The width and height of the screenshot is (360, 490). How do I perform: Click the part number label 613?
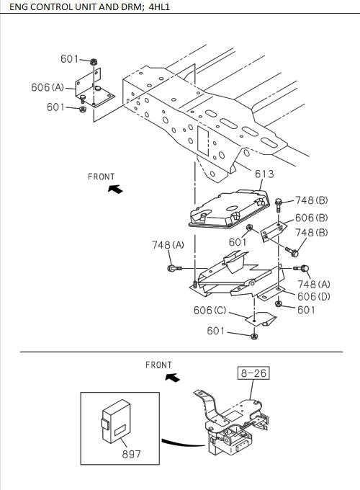pyautogui.click(x=264, y=174)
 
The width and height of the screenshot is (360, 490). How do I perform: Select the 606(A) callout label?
pyautogui.click(x=48, y=88)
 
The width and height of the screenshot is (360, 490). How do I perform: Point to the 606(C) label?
pyautogui.click(x=210, y=311)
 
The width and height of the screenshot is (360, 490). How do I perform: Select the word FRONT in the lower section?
pyautogui.click(x=158, y=365)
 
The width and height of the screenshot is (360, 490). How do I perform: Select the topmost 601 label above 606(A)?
pyautogui.click(x=70, y=59)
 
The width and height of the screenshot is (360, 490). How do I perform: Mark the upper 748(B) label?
pyautogui.click(x=311, y=200)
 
